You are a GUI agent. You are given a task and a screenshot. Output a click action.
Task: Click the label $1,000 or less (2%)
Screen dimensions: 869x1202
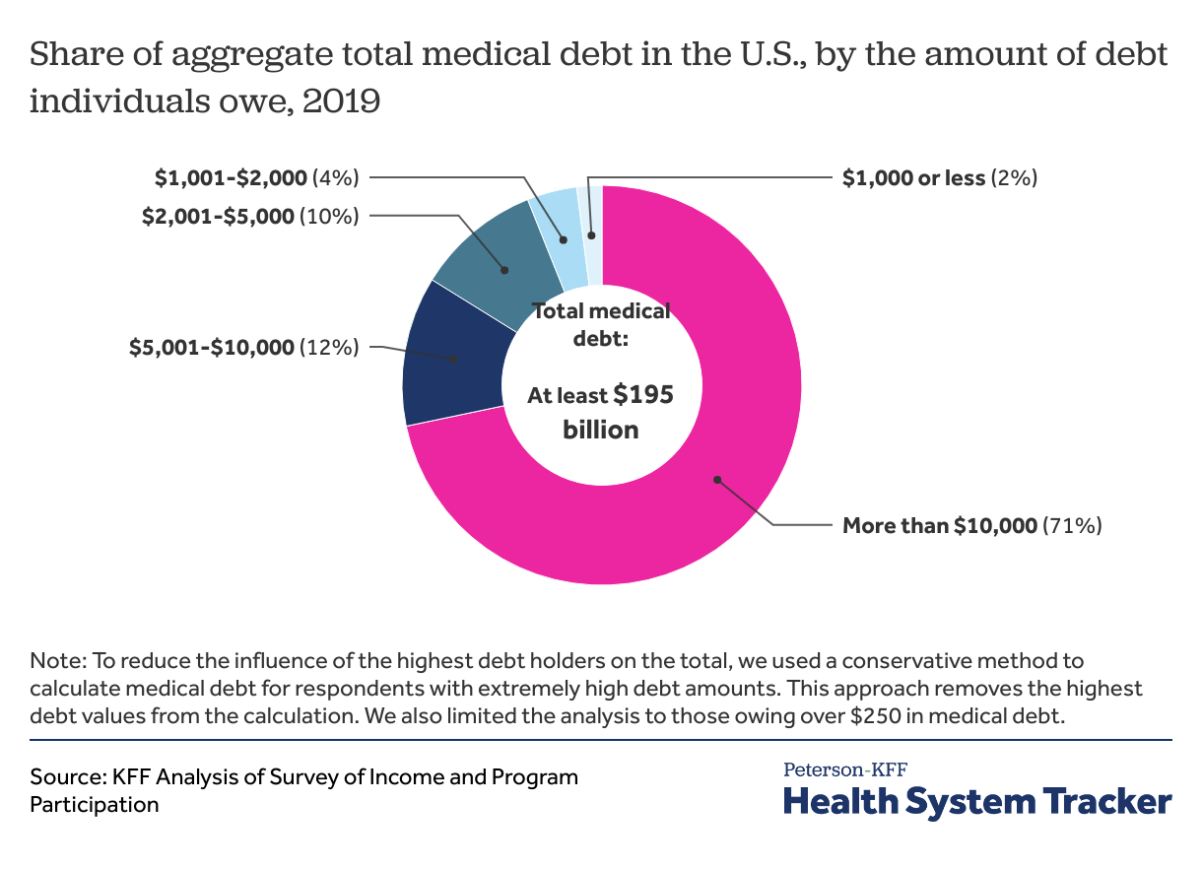tap(940, 178)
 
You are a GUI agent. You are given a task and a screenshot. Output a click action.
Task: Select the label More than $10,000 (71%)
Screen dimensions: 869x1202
tap(971, 526)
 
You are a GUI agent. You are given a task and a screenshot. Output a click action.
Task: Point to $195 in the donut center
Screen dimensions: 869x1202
tap(643, 395)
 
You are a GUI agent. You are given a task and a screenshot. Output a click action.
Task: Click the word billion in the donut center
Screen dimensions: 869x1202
tap(601, 431)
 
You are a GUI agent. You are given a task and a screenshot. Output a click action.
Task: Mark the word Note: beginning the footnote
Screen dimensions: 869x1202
tap(57, 660)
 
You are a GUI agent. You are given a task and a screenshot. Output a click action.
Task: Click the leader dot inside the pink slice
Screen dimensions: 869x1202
tap(717, 480)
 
